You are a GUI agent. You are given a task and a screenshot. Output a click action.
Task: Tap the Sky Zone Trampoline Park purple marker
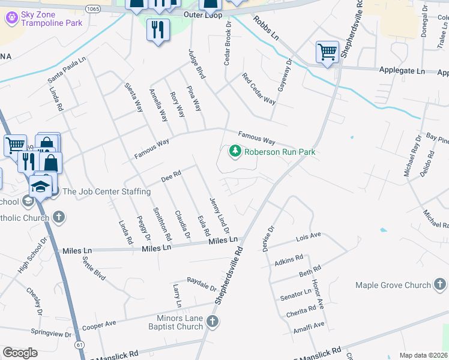(x=11, y=17)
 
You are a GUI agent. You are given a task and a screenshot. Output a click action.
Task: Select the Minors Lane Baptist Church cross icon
(x=212, y=322)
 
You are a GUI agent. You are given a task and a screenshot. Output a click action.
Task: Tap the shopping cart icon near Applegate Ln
(x=327, y=52)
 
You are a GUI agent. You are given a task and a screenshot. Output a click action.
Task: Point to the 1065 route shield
(x=93, y=8)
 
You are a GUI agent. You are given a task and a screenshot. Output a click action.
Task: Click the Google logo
(x=20, y=353)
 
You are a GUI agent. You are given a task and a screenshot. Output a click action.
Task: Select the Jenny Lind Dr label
(x=219, y=215)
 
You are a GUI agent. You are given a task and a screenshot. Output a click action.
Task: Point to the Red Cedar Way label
(x=259, y=88)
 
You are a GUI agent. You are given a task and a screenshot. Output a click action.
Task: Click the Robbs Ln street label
(x=266, y=28)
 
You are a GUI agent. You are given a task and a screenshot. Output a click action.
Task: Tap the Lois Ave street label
(x=309, y=238)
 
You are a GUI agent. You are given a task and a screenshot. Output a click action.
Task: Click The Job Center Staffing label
(x=106, y=191)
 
